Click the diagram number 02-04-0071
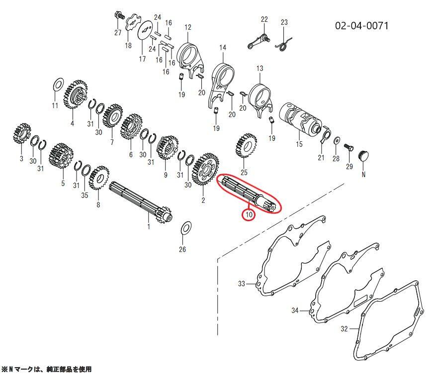click(362, 26)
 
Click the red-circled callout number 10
click(249, 215)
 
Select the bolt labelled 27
click(119, 15)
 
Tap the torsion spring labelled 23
click(284, 44)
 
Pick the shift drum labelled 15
click(301, 118)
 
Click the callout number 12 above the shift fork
click(188, 27)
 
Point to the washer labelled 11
click(58, 84)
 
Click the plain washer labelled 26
click(186, 228)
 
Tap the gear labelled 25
click(246, 146)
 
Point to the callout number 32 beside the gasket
click(344, 329)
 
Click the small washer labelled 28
click(337, 140)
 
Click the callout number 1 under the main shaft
click(149, 226)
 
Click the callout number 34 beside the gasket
click(295, 311)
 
